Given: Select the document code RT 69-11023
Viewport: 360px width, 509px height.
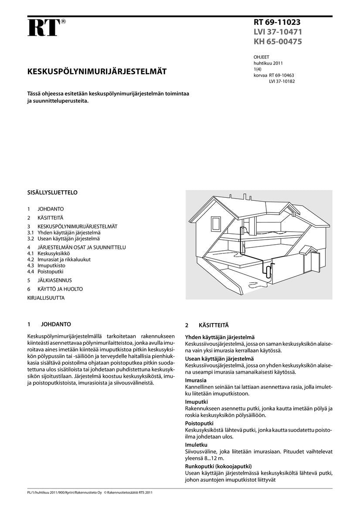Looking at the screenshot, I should (x=277, y=22).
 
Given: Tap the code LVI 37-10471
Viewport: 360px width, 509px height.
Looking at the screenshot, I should (x=278, y=32).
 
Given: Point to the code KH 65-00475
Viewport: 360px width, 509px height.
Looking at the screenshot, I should (x=278, y=42).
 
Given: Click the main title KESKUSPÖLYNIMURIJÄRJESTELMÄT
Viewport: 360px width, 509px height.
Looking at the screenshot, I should (x=96, y=71).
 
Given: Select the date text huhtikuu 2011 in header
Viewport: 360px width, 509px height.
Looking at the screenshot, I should (x=268, y=63).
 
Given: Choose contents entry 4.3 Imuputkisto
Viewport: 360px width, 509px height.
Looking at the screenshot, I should (x=46, y=265).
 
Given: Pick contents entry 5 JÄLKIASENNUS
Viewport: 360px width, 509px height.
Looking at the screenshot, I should (x=49, y=280).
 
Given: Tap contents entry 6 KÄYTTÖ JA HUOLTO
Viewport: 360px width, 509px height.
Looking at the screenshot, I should (x=54, y=289).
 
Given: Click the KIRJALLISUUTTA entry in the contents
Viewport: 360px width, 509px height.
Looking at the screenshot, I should (x=46, y=298).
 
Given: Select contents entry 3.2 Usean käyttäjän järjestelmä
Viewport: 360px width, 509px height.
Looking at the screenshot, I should (x=64, y=239).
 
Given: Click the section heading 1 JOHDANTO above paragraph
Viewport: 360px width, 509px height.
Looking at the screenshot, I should (x=49, y=324).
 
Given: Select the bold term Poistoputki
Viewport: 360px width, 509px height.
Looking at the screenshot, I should (x=199, y=423).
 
